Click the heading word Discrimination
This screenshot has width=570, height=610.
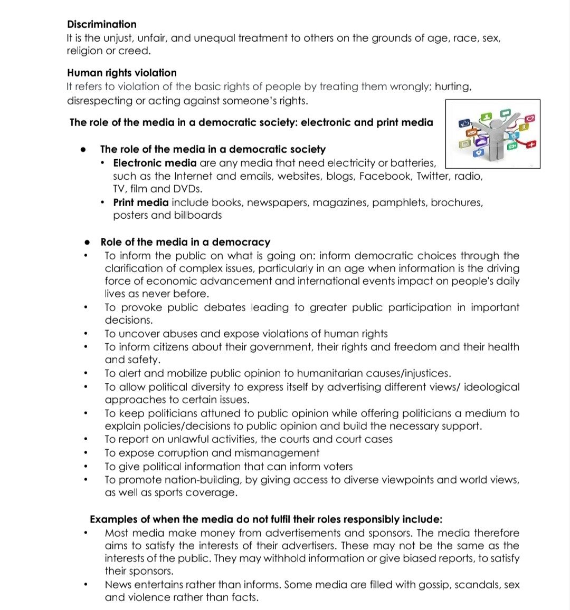coord(101,24)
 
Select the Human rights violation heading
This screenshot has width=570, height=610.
coord(121,73)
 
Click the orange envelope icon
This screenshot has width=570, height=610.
coord(472,132)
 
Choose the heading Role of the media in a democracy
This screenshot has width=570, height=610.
coord(185,242)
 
